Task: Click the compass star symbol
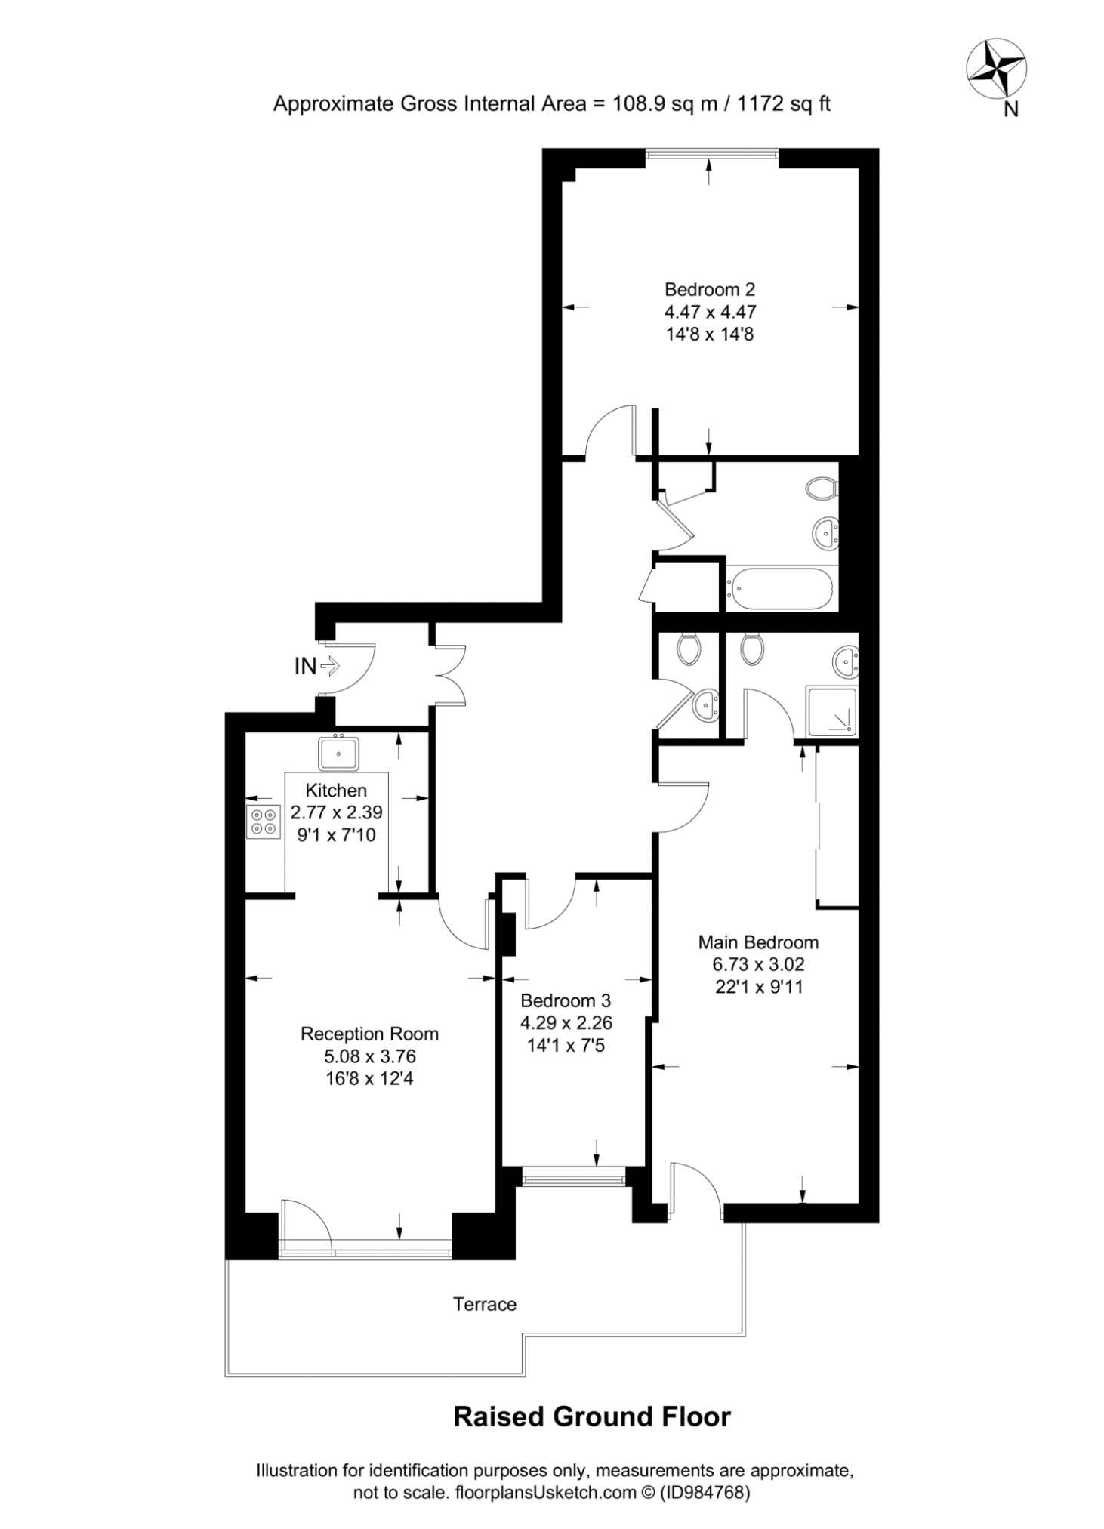pyautogui.click(x=996, y=69)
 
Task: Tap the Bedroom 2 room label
pyautogui.click(x=709, y=289)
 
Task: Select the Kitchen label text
pyautogui.click(x=336, y=791)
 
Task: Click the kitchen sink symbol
pyautogui.click(x=338, y=753)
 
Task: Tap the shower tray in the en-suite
pyautogui.click(x=831, y=711)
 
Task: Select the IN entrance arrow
pyautogui.click(x=330, y=666)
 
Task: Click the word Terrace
pyautogui.click(x=485, y=1304)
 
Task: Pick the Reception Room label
pyautogui.click(x=369, y=1034)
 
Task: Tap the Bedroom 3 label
pyautogui.click(x=566, y=1000)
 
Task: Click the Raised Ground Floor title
pyautogui.click(x=592, y=1416)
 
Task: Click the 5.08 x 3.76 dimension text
pyautogui.click(x=370, y=1056)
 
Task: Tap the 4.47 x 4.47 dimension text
pyautogui.click(x=710, y=311)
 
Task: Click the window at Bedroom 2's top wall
pyautogui.click(x=712, y=154)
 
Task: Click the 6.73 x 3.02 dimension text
pyautogui.click(x=758, y=964)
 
